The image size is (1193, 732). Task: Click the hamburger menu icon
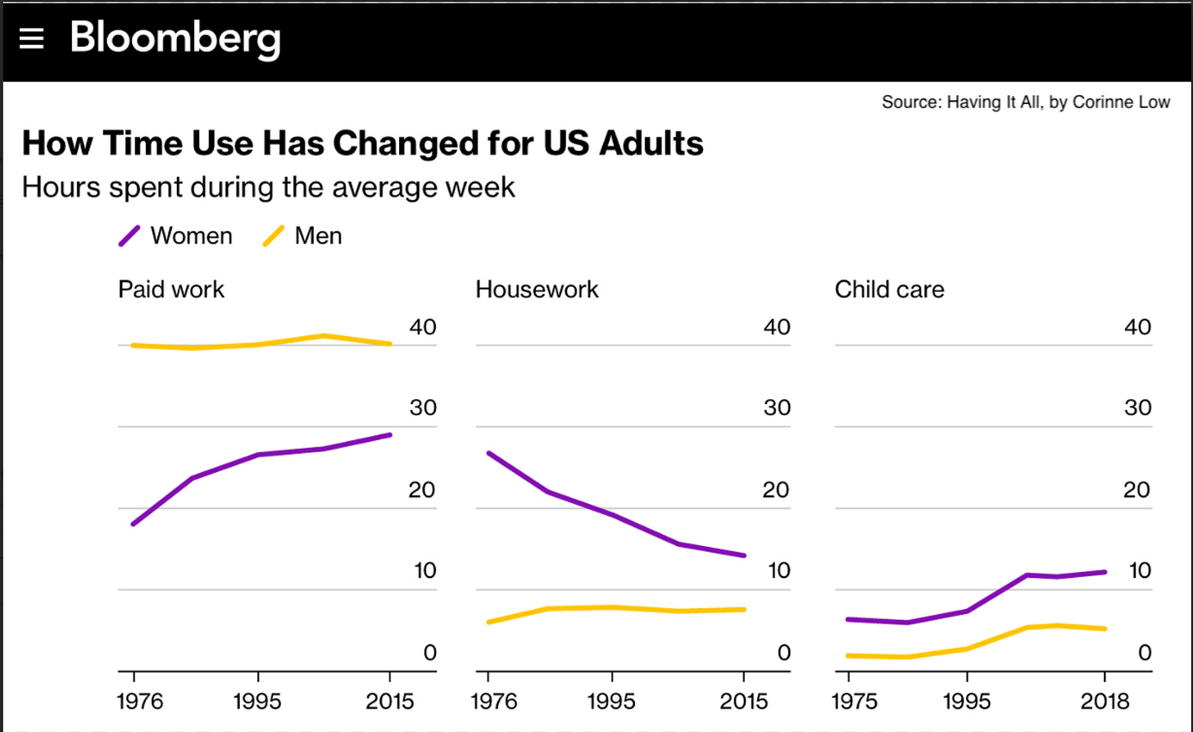point(31,38)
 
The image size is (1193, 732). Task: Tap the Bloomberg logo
point(175,38)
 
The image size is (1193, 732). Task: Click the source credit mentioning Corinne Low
point(1025,102)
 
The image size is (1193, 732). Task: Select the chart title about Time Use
point(362,143)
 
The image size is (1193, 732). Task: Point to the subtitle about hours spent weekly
point(268,187)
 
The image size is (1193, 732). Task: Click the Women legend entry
point(175,236)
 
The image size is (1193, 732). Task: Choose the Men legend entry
point(302,236)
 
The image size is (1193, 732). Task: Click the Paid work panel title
point(170,289)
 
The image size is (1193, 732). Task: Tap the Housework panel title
point(537,289)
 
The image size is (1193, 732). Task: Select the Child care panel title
point(889,289)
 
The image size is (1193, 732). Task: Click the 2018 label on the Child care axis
point(1105,702)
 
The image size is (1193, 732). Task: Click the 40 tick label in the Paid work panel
point(423,327)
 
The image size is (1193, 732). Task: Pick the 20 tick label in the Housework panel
point(776,490)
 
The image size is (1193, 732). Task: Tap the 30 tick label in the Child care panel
point(1137,408)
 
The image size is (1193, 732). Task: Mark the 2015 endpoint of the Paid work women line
point(390,434)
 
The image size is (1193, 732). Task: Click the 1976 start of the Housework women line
point(488,452)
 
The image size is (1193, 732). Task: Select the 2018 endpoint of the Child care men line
point(1105,629)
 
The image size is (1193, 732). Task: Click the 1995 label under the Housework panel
point(611,702)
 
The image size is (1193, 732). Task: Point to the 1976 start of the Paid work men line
point(134,345)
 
